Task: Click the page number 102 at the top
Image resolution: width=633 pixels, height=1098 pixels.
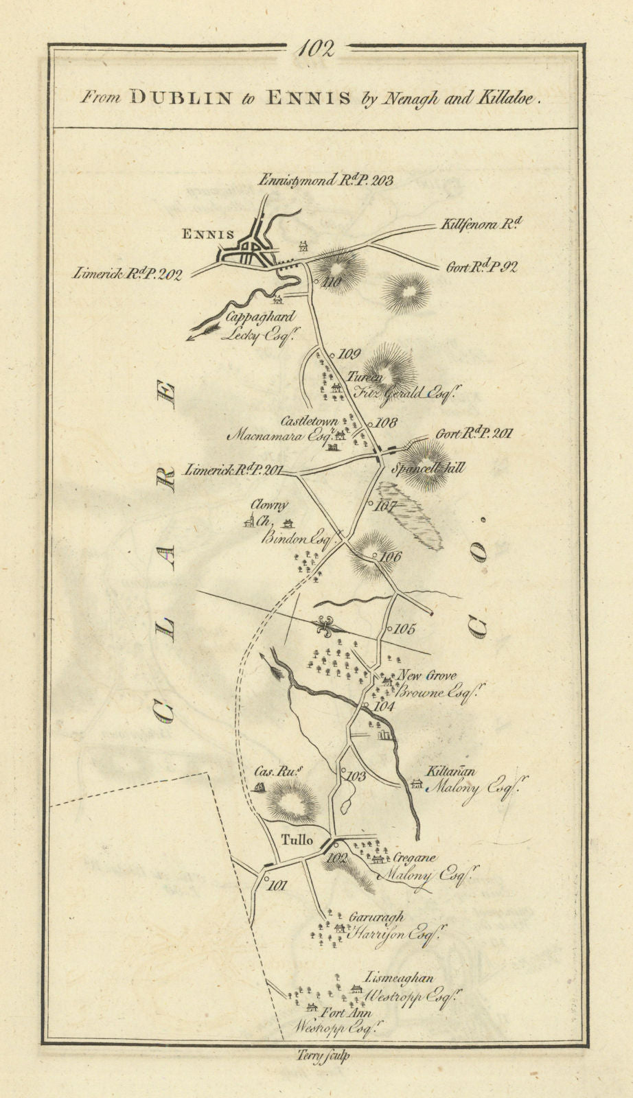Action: (x=316, y=49)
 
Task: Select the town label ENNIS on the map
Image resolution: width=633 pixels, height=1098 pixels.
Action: (x=207, y=234)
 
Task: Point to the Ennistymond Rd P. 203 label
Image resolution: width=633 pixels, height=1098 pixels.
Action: (x=325, y=181)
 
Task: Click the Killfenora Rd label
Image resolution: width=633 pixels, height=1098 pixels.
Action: (x=483, y=224)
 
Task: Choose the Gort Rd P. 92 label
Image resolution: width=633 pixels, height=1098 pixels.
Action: (x=481, y=267)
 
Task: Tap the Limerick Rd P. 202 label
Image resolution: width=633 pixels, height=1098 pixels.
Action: (x=128, y=274)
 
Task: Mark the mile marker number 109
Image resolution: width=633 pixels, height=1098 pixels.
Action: (x=349, y=354)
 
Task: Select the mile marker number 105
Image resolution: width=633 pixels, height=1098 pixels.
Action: (x=404, y=629)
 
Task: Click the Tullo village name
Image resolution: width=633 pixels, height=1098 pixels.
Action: (x=297, y=839)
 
